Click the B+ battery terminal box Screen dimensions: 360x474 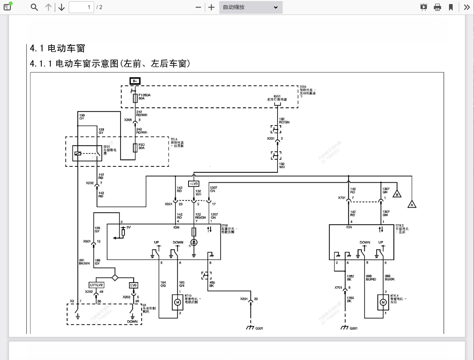[x=135, y=81]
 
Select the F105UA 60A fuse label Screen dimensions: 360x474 [x=144, y=97]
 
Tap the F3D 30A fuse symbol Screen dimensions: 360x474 [x=135, y=148]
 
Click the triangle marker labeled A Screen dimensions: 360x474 [x=412, y=204]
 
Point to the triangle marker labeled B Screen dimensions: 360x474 [x=397, y=194]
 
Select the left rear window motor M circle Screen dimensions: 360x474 [x=383, y=302]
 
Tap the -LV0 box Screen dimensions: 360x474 [x=194, y=184]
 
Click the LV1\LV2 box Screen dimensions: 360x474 [x=97, y=285]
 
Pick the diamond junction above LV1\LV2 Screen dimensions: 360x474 [x=115, y=278]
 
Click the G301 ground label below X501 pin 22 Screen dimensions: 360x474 [x=259, y=328]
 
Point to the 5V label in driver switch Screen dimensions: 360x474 [x=128, y=228]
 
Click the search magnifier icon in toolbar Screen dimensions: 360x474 [x=34, y=7]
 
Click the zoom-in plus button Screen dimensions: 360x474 [x=211, y=7]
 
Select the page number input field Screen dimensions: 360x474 [x=81, y=7]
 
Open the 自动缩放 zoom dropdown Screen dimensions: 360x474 [x=250, y=7]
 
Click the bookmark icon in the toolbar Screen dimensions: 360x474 [x=451, y=7]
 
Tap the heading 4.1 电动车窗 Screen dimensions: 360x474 [x=57, y=48]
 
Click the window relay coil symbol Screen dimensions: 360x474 [x=77, y=153]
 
